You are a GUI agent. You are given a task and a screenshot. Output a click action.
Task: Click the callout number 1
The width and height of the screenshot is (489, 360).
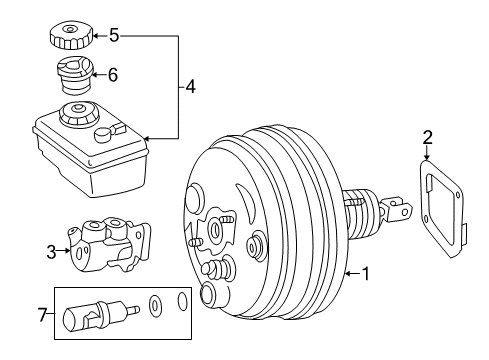(366, 274)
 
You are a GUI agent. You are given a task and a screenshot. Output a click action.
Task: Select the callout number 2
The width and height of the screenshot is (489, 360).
(427, 137)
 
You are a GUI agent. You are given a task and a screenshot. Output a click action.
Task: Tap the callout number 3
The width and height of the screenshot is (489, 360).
(51, 252)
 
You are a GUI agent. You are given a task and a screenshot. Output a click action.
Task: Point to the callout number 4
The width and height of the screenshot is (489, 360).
(190, 87)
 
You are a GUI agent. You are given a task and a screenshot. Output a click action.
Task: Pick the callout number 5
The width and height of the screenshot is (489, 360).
(114, 35)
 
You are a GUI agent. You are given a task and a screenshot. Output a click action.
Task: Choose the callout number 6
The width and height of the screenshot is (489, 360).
(113, 75)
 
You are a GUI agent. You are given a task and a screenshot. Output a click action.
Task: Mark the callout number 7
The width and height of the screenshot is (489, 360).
(42, 315)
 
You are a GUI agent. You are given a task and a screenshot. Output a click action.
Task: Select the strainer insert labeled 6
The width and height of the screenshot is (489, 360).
(74, 75)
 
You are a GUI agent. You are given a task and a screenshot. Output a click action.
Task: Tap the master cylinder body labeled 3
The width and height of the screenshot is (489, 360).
(108, 244)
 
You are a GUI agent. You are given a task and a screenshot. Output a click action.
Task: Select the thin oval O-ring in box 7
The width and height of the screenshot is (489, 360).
(182, 301)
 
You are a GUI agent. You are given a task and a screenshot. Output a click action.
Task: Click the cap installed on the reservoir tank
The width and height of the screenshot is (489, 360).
(78, 115)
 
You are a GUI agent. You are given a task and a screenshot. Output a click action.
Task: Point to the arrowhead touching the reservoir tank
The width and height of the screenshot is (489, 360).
(147, 138)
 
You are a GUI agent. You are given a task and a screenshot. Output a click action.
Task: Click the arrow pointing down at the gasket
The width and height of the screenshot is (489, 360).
(427, 153)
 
